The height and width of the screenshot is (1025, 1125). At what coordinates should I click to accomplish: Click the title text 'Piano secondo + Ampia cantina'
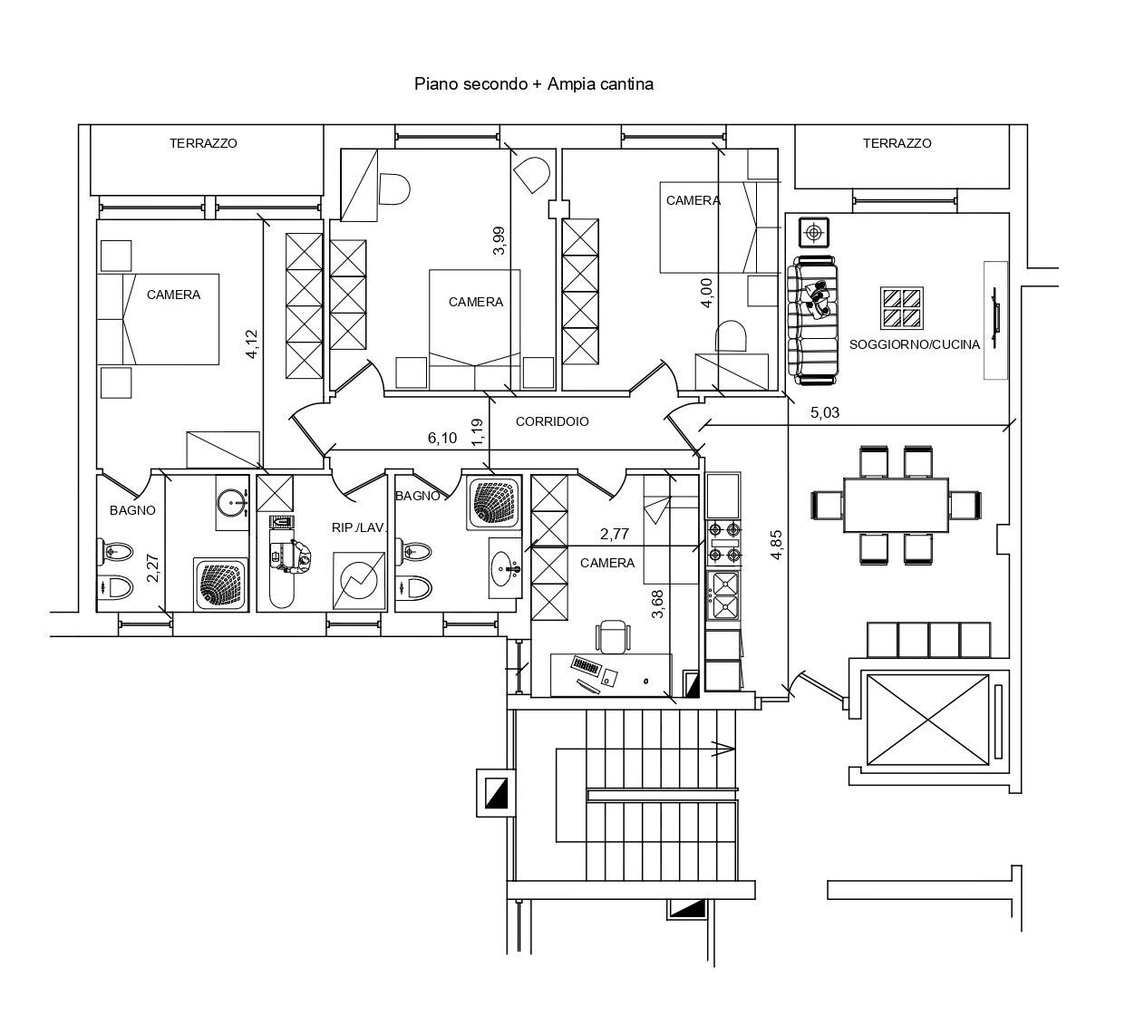[x=534, y=84]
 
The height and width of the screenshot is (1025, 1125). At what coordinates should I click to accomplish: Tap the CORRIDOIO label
[x=552, y=421]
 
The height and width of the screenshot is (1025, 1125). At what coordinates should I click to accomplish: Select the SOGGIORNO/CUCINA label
[x=915, y=345]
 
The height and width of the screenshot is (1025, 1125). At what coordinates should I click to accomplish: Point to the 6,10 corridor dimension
[x=442, y=439]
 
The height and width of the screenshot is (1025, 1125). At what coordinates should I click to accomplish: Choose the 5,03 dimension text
[x=825, y=412]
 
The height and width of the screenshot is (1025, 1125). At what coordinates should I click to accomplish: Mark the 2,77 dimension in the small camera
[x=615, y=535]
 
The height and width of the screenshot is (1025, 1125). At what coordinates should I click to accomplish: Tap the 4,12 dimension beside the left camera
[x=252, y=345]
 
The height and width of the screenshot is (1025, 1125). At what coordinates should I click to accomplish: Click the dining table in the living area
[x=896, y=505]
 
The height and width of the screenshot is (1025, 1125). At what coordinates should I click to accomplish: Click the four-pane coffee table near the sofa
[x=902, y=308]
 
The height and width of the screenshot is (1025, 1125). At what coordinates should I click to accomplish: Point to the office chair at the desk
[x=613, y=636]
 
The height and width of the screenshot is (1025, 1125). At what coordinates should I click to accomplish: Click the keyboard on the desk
[x=586, y=669]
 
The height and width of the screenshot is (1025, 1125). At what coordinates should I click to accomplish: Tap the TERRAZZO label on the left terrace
[x=203, y=143]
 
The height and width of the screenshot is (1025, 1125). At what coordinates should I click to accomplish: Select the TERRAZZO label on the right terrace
[x=897, y=143]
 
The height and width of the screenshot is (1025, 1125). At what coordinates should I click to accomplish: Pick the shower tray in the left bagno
[x=220, y=585]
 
